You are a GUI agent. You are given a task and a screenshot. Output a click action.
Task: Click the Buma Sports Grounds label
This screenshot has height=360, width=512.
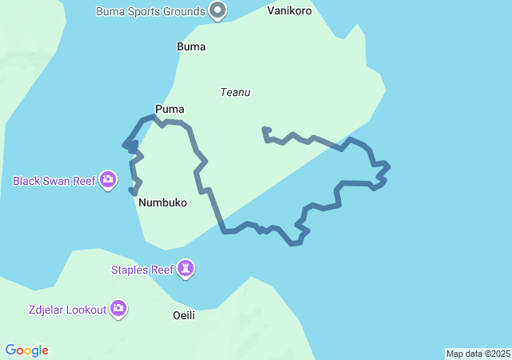pos(150,11)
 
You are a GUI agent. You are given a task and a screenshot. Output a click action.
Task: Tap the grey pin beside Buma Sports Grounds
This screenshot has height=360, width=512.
pos(218,10)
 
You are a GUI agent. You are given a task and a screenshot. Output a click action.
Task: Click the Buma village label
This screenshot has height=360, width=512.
pos(190,46)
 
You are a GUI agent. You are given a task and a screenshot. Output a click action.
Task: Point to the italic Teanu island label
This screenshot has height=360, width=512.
pos(235,92)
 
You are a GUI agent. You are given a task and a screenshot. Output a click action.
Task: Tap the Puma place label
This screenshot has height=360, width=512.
pos(170,108)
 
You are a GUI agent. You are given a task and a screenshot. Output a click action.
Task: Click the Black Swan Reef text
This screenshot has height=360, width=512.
pos(54,181)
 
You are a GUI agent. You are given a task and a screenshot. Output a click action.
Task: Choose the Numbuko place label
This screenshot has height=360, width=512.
pos(162,202)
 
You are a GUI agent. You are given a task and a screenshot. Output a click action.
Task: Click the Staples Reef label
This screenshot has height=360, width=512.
pos(142,270)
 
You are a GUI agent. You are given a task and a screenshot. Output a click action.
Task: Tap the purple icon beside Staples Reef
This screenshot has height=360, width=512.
pos(186,269)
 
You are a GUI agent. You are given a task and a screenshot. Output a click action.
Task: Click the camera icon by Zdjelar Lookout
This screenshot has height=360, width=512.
pos(118,309)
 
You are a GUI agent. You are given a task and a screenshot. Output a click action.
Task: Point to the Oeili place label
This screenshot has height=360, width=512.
pos(184,315)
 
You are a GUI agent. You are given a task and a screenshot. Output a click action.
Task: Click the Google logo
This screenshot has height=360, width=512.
pos(27,350)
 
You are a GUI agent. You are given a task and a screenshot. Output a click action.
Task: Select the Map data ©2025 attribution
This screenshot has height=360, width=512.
pos(478,354)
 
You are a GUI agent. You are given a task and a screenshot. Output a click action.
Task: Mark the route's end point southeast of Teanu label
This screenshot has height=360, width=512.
pos(265,129)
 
